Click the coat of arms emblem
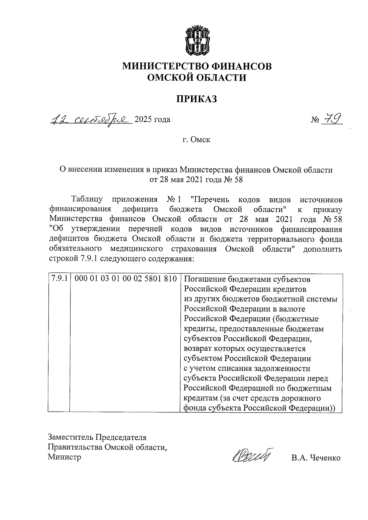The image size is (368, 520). (x=197, y=41)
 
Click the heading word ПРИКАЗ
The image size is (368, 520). (x=197, y=99)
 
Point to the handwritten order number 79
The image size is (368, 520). (x=332, y=118)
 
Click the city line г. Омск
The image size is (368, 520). (x=197, y=140)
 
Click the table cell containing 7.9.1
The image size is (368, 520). (x=59, y=279)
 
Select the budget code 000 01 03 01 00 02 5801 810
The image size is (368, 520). (x=126, y=279)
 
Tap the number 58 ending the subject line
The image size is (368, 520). (x=238, y=180)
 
